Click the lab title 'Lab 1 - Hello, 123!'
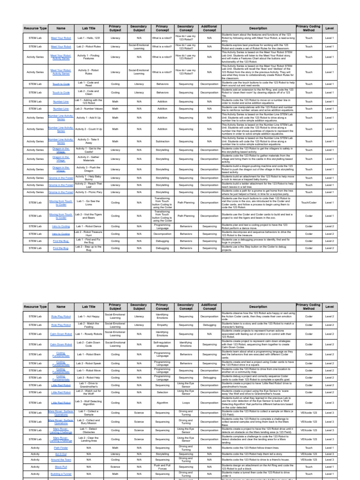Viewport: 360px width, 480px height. [89, 37]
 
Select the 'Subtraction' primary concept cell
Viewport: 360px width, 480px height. [162, 141]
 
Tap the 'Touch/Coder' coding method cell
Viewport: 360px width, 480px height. [308, 203]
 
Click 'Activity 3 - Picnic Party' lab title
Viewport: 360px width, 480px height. [89, 192]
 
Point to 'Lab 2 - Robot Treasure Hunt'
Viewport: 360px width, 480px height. [89, 233]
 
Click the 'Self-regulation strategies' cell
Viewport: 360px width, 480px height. [162, 345]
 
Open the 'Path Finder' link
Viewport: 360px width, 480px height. [61, 448]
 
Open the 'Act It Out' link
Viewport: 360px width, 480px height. [61, 454]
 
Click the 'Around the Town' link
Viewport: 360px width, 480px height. [61, 460]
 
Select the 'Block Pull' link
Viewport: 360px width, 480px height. [61, 467]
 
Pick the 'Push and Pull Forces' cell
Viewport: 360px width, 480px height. [162, 467]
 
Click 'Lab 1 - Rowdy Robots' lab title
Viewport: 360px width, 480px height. [89, 334]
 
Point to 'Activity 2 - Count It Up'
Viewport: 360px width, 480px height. [89, 129]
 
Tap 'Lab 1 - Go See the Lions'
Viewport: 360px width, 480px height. [89, 203]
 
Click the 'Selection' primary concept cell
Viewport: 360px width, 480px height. [162, 392]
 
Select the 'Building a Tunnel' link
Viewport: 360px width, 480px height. [61, 474]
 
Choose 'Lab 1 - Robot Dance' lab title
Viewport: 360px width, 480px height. [89, 226]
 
